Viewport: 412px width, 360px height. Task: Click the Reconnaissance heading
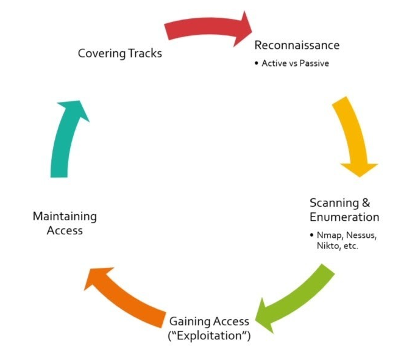[297, 45]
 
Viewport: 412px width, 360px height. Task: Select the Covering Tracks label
[120, 53]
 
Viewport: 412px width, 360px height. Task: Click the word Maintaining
[65, 216]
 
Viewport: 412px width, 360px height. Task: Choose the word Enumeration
[344, 217]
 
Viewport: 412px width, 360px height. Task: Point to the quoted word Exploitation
[210, 336]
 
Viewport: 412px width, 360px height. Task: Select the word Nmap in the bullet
[327, 235]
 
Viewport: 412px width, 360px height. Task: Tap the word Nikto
[322, 246]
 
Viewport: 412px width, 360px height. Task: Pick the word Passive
[314, 63]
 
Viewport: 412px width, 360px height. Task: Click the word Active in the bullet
[274, 63]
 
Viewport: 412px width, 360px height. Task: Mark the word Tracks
[145, 53]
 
